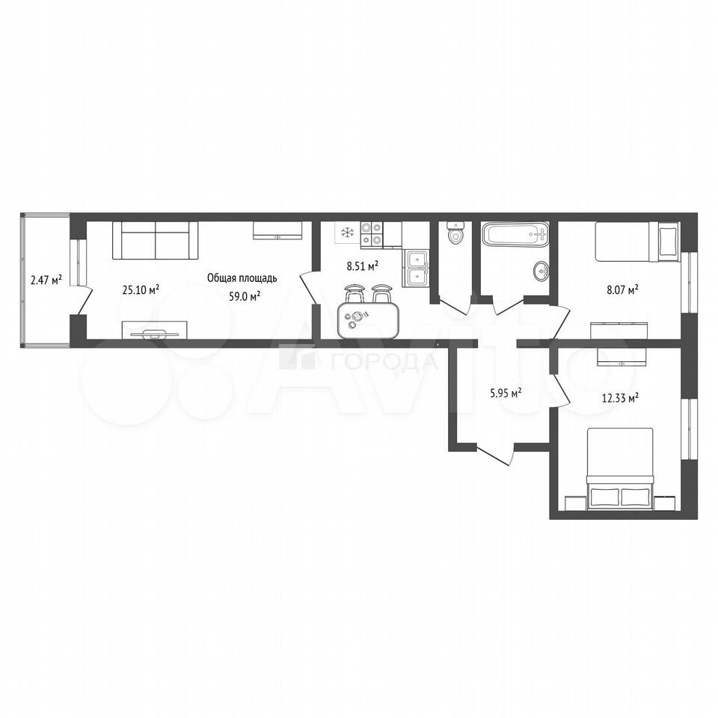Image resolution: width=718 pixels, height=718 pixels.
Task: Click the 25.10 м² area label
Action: [141, 289]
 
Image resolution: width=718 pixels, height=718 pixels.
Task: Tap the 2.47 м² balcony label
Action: [46, 279]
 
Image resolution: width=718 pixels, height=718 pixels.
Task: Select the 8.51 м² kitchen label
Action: [362, 266]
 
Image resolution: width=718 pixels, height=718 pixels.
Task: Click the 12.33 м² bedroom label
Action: [620, 398]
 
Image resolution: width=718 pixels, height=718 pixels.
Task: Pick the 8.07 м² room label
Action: [623, 289]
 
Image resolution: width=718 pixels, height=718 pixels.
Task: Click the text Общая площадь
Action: [242, 278]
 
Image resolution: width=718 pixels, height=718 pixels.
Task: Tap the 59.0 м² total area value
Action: [245, 296]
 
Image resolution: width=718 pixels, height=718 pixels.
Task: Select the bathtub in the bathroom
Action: [515, 234]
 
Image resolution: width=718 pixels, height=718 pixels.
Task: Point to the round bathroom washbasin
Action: [542, 271]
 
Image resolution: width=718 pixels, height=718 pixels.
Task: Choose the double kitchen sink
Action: [416, 269]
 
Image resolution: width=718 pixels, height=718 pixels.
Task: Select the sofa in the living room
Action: [156, 240]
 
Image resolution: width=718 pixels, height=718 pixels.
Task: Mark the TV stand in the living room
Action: [154, 330]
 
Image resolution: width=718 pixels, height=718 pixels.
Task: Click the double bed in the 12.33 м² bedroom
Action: [621, 469]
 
